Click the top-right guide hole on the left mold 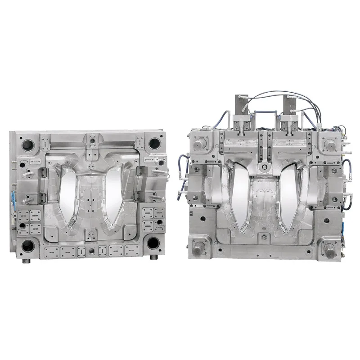[x=154, y=144]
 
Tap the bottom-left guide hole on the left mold [x=28, y=245]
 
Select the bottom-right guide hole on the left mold [x=153, y=243]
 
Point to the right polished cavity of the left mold [x=112, y=189]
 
